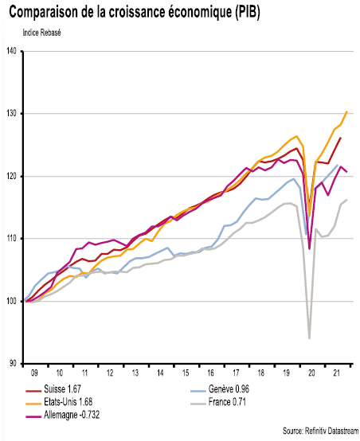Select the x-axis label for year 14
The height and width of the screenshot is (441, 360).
click(160, 372)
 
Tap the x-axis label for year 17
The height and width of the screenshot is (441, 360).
click(237, 372)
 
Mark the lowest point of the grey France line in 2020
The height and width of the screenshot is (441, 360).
click(309, 338)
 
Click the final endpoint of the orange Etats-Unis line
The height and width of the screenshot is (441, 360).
click(346, 111)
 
